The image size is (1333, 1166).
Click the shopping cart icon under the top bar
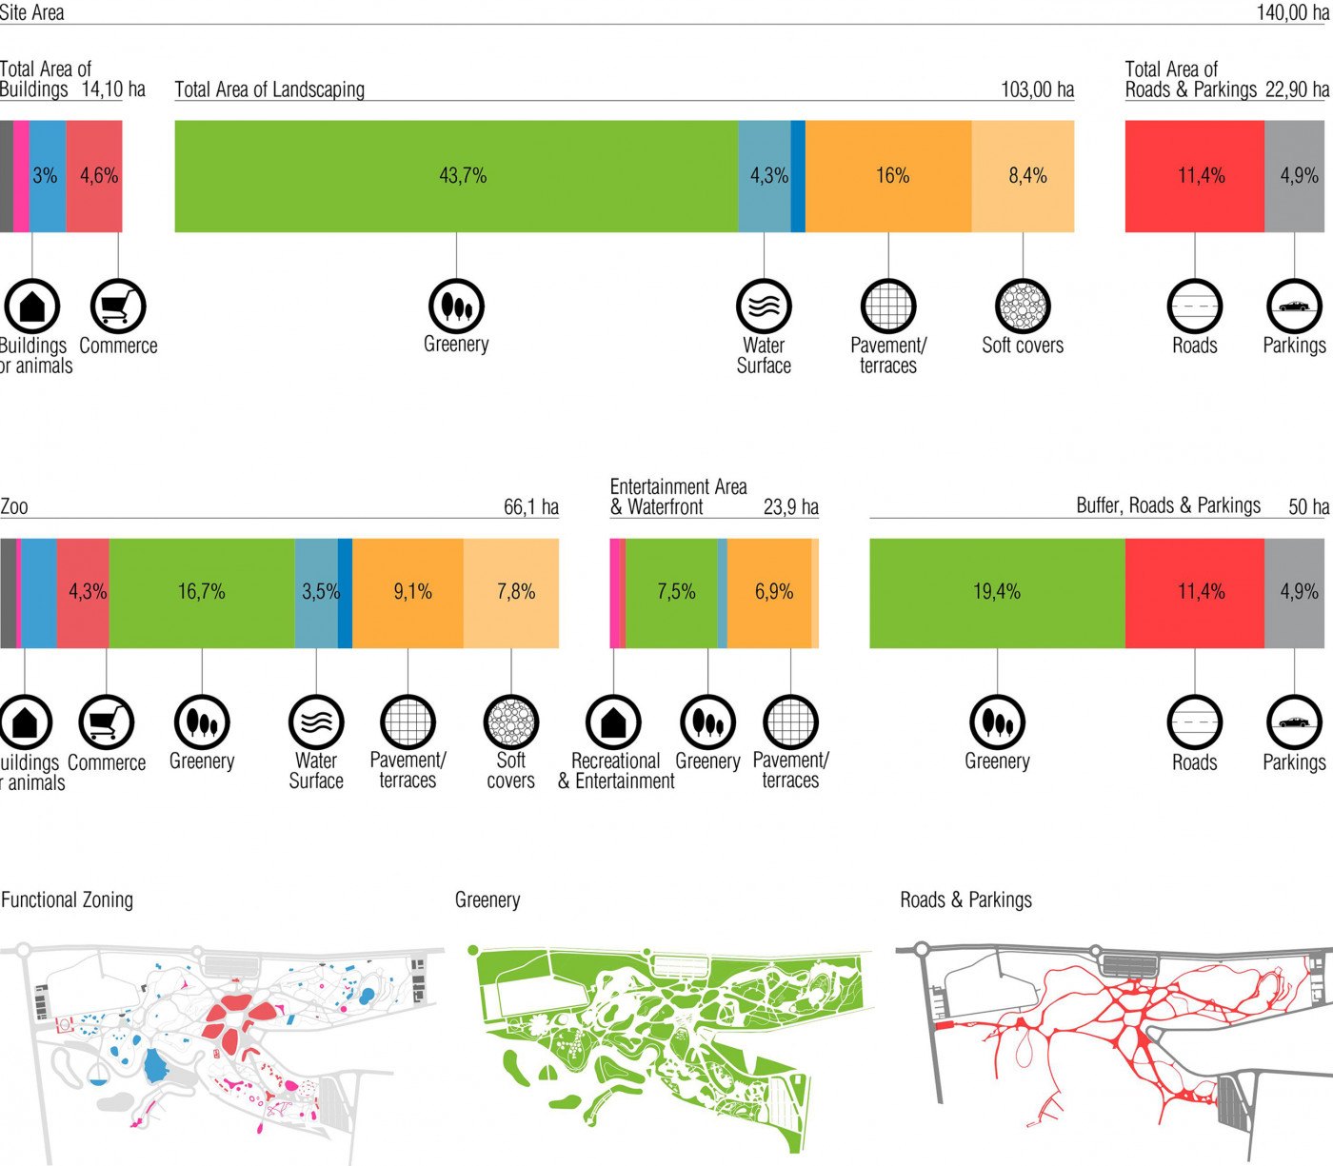coord(118,306)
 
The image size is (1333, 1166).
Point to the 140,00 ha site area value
coord(1292,12)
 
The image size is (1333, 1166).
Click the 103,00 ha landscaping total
coord(1037,89)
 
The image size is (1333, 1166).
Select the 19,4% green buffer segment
coord(997,592)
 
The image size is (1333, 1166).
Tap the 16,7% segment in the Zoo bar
coord(202,592)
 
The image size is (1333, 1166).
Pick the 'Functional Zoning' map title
coord(68,899)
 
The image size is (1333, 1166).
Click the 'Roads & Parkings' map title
coord(965,899)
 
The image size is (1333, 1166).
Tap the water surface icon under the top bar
coord(764,306)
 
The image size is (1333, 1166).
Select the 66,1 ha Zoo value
coord(530,507)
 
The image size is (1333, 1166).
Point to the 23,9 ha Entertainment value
coord(790,507)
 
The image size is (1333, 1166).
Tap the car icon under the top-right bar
coord(1294,306)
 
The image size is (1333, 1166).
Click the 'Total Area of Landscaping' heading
coord(269,89)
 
